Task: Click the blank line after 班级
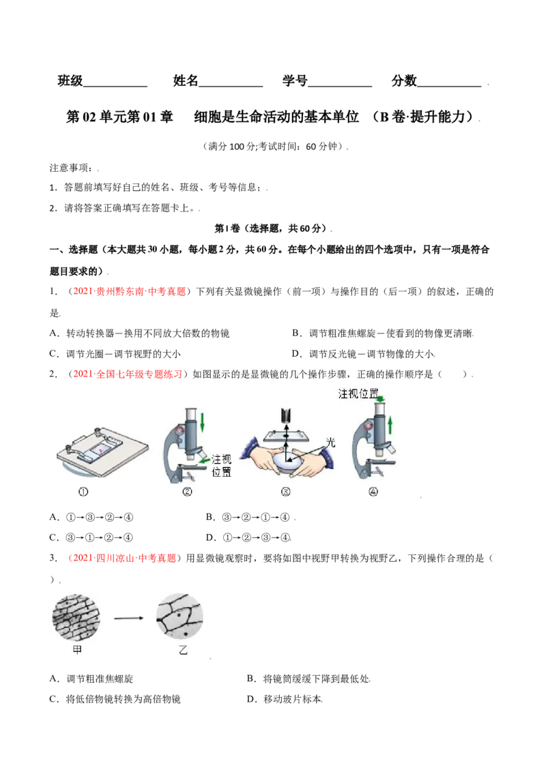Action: tap(115, 87)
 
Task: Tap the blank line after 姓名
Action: tap(231, 87)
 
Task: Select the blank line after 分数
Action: tap(449, 87)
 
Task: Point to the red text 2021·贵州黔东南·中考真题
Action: tap(129, 291)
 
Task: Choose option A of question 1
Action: tap(139, 333)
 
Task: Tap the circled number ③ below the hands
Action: tap(285, 491)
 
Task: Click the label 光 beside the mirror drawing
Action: tap(330, 442)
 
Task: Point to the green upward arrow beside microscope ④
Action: tap(390, 425)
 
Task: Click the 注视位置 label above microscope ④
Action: tap(358, 394)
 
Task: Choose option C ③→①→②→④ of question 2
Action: tap(91, 537)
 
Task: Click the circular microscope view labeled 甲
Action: tap(76, 618)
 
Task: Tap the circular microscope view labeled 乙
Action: tap(180, 617)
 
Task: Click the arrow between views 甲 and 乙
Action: tap(128, 618)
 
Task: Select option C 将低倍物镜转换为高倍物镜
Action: tap(115, 699)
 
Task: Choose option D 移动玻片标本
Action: tap(285, 699)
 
